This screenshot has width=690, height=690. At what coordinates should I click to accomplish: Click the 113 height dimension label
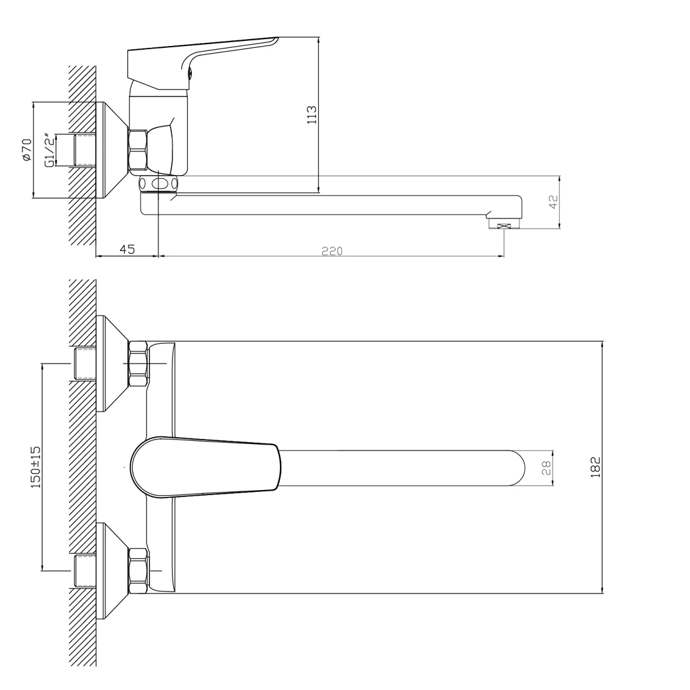[x=312, y=114]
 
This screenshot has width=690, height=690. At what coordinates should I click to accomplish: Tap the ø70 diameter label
[x=27, y=149]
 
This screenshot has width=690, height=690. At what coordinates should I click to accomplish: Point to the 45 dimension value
[x=127, y=249]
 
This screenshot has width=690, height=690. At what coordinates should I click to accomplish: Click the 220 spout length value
[x=332, y=251]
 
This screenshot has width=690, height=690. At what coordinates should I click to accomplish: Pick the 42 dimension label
[x=553, y=201]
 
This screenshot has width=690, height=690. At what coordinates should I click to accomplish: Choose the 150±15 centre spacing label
[x=35, y=466]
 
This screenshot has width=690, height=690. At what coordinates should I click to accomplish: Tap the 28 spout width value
[x=546, y=468]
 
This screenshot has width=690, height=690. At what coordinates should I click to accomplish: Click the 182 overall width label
[x=595, y=467]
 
